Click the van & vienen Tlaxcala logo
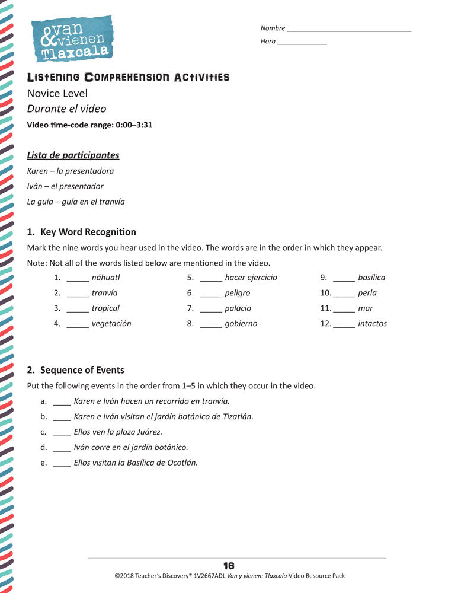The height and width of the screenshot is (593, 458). point(72,39)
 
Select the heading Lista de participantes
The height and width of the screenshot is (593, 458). point(73,155)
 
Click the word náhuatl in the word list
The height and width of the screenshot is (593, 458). point(106,278)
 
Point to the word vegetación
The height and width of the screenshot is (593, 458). point(111,324)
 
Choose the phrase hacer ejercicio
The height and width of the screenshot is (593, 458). point(251,278)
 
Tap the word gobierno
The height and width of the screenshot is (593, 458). point(241,324)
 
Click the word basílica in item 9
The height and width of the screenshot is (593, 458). point(371,278)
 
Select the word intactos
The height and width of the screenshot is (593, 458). point(372,324)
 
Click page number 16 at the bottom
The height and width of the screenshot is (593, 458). point(229,566)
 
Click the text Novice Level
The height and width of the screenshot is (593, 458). point(57,93)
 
